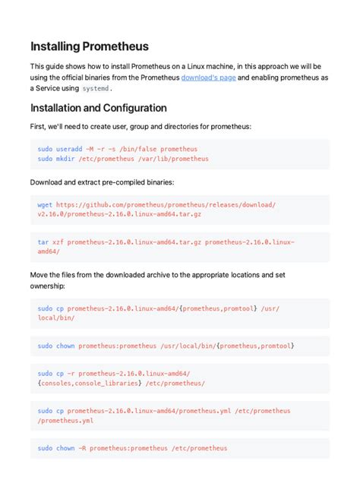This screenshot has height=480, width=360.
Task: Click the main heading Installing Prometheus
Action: click(90, 46)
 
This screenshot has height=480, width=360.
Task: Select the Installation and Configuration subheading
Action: click(98, 109)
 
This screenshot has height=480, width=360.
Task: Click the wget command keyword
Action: click(45, 205)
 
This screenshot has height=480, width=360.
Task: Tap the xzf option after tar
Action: click(58, 242)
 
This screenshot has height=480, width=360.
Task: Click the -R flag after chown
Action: click(86, 448)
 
